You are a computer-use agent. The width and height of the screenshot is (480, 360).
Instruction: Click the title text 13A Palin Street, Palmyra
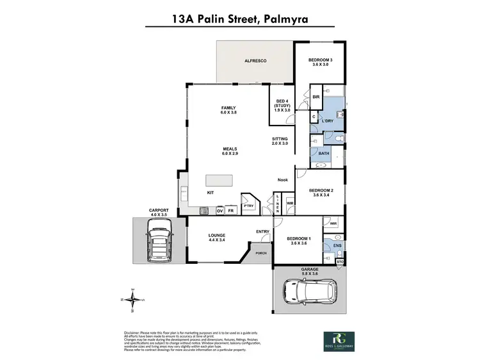point(239,19)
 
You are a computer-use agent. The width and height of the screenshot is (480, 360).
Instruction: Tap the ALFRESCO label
point(255,61)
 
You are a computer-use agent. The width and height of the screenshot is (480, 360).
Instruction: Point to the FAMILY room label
point(228,110)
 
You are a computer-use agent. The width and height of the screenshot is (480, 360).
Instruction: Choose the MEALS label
point(228,151)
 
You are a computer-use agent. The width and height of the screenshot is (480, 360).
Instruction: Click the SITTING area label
point(280,142)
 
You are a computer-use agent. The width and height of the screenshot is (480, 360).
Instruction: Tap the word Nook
point(282,180)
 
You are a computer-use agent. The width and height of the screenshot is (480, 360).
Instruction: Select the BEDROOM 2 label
point(322,193)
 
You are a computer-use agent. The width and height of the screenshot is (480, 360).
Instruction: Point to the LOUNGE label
point(217,238)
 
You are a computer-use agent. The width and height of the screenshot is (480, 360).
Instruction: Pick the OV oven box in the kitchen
point(220,210)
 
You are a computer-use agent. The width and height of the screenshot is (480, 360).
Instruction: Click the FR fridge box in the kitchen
point(231,210)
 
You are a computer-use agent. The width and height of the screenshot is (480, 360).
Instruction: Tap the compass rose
point(132,300)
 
